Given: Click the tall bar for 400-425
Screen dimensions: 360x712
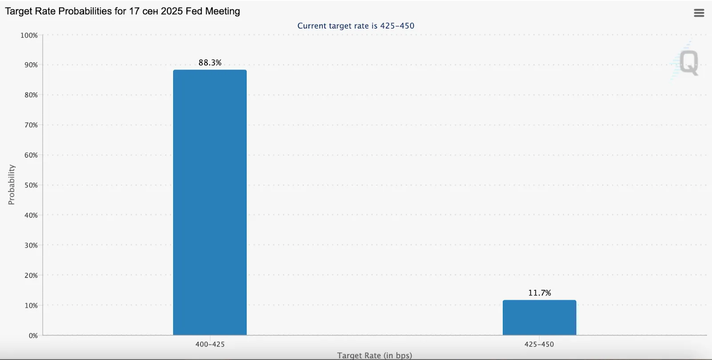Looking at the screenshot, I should (210, 202).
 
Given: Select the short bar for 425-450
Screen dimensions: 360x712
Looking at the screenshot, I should (539, 318).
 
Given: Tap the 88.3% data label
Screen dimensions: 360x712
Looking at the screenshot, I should (210, 63).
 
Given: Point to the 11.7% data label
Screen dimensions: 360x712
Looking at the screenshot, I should (539, 293).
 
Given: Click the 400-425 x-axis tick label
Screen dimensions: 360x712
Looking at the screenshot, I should (210, 344).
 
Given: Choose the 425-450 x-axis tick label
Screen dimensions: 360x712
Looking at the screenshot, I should (539, 344).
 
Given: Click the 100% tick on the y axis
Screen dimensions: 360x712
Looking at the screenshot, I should (29, 35).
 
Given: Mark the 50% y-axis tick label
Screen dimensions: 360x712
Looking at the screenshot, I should (31, 185).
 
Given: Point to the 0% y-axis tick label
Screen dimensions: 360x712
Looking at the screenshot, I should (33, 336).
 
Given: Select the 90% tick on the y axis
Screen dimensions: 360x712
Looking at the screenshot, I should (31, 65).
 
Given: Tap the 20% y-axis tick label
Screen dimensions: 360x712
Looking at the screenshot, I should (31, 275).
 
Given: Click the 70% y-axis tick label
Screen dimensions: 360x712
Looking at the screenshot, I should (31, 125).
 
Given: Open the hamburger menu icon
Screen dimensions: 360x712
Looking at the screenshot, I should (699, 13).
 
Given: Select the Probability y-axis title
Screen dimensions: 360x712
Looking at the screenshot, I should (12, 185).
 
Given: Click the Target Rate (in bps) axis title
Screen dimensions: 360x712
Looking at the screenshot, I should (375, 355).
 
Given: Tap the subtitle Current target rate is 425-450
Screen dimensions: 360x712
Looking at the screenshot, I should (356, 26).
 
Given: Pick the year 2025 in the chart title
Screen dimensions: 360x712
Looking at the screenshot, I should (172, 11).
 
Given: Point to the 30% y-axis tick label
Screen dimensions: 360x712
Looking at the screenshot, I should (31, 245).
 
